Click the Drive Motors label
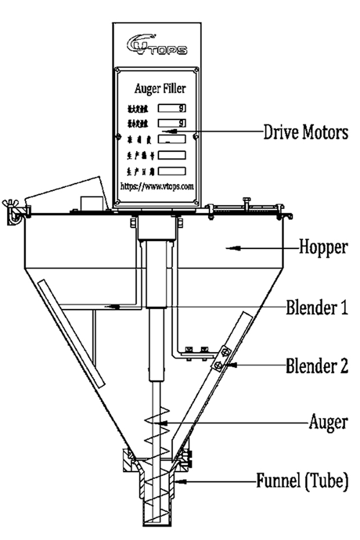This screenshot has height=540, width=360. tap(306, 133)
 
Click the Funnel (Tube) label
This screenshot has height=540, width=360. tap(302, 481)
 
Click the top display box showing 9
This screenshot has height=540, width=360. tap(172, 107)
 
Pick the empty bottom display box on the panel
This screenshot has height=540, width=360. tap(172, 170)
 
